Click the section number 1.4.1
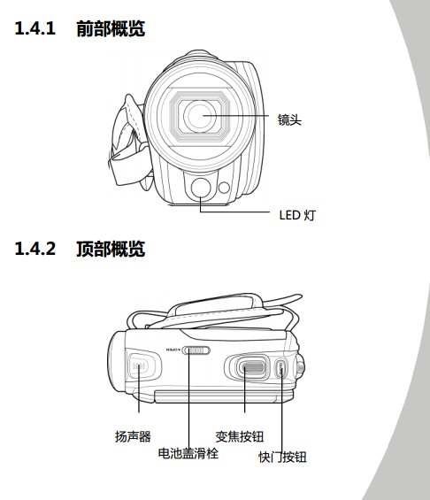coord(35,28)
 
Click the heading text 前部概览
coord(111,28)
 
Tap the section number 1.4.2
coord(35,249)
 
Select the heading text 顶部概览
coord(111,249)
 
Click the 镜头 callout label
coord(289,119)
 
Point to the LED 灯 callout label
coord(297,215)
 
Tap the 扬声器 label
coord(133,436)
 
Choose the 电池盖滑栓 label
coord(188,453)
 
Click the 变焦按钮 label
coord(240,436)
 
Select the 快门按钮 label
coord(282,457)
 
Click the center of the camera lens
coord(200,115)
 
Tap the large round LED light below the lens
coord(201,188)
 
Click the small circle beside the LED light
coord(225,188)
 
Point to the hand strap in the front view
coord(127,141)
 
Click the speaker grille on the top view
coord(140,366)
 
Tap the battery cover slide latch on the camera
coord(196,350)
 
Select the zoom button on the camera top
coord(253,366)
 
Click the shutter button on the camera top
coord(280,369)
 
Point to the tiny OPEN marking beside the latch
coord(173,350)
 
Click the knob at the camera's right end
coord(300,367)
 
